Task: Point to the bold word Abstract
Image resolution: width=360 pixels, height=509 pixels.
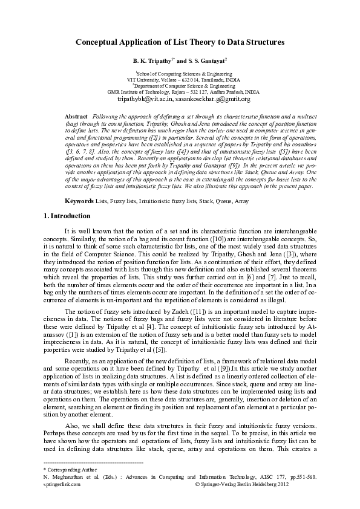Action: pyautogui.click(x=76, y=115)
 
